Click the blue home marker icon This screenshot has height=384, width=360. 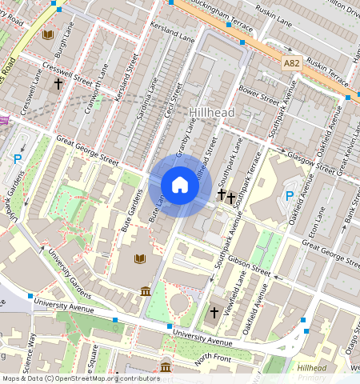(x=180, y=186)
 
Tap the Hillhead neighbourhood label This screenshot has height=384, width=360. (x=212, y=113)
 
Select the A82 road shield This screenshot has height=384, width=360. (x=292, y=62)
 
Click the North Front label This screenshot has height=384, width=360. (x=212, y=359)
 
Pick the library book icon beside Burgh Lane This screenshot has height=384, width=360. (x=48, y=35)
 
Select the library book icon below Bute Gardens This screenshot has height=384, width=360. (x=140, y=259)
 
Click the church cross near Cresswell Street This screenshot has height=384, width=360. (x=58, y=82)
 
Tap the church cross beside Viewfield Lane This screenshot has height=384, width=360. (x=214, y=312)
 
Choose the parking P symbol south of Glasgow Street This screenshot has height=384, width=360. (x=290, y=196)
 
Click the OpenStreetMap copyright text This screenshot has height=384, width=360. (x=80, y=378)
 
